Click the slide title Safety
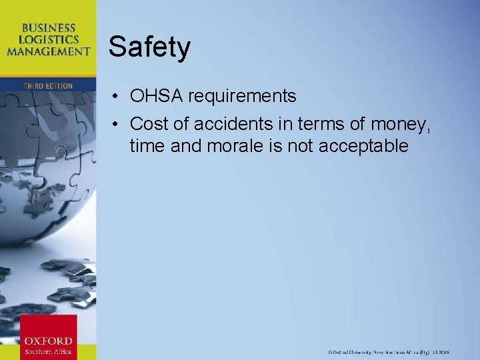(149, 47)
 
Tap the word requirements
(241, 97)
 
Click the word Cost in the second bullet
(149, 124)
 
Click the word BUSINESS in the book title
(48, 28)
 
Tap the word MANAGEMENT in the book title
(48, 51)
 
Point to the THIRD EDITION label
(48, 86)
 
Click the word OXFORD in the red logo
(47, 340)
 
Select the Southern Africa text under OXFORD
(47, 351)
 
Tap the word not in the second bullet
(301, 146)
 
